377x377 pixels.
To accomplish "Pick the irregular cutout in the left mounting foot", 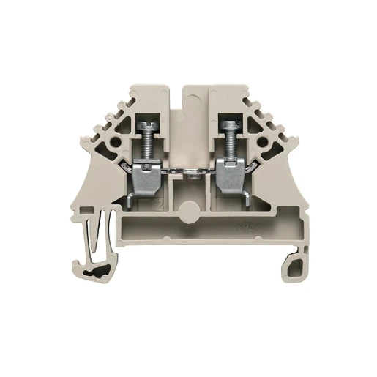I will [97, 275].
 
